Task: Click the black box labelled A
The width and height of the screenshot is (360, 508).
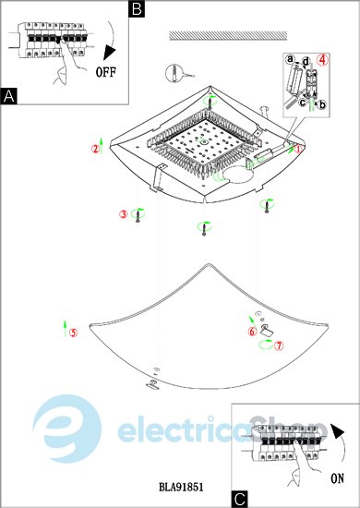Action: point(9,96)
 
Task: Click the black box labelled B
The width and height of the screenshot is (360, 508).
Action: point(137,9)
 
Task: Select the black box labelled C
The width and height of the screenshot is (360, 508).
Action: point(240,499)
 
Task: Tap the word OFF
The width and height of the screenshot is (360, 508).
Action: point(105,72)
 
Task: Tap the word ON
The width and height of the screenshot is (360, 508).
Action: point(337,478)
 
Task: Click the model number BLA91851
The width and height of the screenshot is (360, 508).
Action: point(181,487)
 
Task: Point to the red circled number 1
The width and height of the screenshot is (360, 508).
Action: point(298,149)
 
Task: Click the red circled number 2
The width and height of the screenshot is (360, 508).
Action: point(95,149)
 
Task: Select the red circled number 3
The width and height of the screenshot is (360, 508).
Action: point(124,214)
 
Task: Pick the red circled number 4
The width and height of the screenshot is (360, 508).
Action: point(322,60)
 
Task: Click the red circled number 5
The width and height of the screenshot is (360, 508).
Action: point(74,333)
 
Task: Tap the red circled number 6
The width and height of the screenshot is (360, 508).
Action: point(253,331)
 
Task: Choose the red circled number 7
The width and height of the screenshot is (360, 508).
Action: point(279,345)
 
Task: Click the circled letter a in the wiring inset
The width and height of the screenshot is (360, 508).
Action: point(291,59)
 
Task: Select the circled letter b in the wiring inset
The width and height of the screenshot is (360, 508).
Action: point(322,104)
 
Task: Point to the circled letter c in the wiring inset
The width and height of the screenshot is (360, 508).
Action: point(303,103)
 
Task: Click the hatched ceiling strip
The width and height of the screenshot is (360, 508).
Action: point(228,36)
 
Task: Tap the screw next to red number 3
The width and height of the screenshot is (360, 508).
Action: point(138,215)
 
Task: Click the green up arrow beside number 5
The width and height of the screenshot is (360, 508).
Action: point(65,329)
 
